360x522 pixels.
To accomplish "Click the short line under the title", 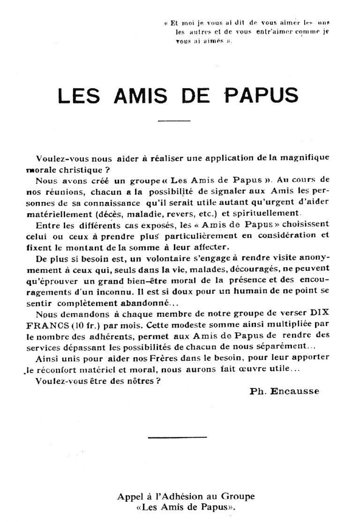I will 174,121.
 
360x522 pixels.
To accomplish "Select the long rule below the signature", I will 177,437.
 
